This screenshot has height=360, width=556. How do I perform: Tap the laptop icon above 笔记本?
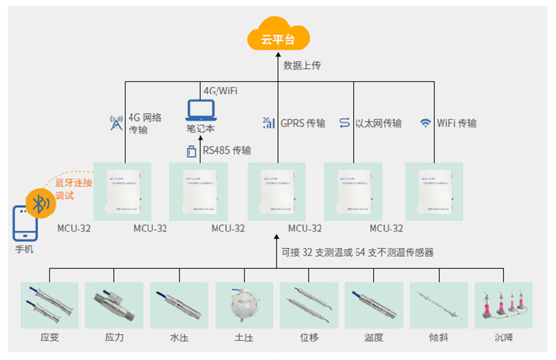point(201,110)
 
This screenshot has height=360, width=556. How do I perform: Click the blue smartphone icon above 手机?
point(23,224)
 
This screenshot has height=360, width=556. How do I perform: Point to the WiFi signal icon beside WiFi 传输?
point(425,123)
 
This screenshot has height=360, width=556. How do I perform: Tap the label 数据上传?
point(302,65)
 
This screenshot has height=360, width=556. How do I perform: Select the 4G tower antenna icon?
point(116,123)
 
